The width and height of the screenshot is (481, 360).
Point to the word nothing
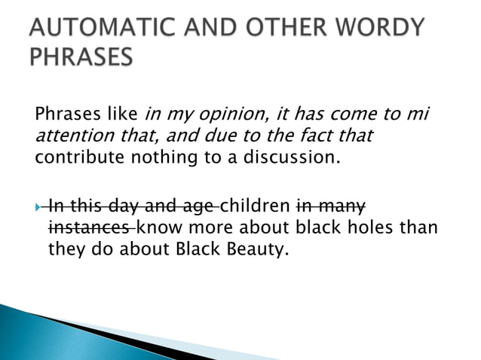(x=156, y=159)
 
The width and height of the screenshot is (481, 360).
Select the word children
(x=256, y=206)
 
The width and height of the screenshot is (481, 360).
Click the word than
(x=420, y=227)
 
